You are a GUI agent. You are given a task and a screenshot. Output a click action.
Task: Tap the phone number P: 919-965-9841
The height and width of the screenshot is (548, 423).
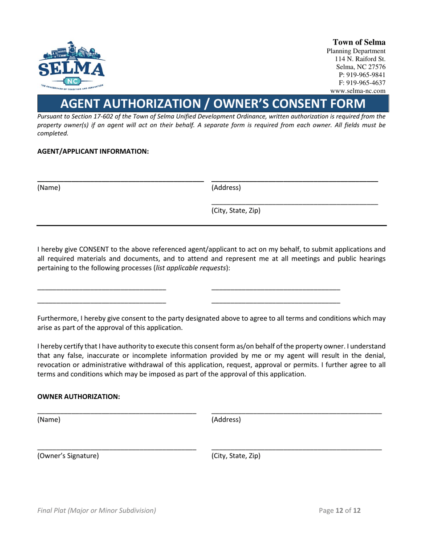pos(362,74)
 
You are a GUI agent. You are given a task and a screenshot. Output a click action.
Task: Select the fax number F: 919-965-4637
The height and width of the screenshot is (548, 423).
pos(362,82)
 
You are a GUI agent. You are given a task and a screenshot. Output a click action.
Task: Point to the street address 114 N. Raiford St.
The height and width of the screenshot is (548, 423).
pos(360,59)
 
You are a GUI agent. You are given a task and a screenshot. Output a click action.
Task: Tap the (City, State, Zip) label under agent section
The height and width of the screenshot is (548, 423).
pos(236,210)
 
